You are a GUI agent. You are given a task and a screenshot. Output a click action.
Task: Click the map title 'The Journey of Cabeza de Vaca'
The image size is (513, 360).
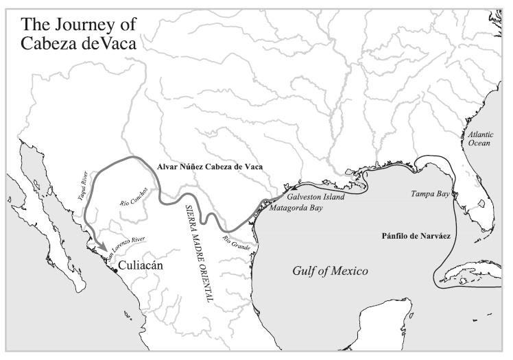78,33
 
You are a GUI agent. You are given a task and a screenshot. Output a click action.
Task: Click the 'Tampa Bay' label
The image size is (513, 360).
429,194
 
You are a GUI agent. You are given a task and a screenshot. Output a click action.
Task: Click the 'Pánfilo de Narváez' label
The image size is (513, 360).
415,236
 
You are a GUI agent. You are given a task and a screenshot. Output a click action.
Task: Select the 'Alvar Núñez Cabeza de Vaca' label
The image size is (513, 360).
210,167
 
